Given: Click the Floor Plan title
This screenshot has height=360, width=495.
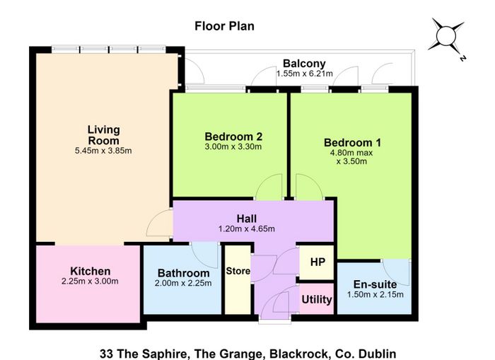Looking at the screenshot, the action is click(x=224, y=26).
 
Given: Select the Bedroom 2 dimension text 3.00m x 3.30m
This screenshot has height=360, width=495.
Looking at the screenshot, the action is click(x=233, y=146).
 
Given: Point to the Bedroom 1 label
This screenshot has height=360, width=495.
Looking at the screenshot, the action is click(x=352, y=142).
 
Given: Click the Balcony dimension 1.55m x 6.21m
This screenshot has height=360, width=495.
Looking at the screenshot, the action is click(x=305, y=74).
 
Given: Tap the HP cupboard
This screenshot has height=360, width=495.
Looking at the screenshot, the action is click(x=317, y=262).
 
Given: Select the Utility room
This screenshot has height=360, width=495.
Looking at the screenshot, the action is click(x=316, y=298).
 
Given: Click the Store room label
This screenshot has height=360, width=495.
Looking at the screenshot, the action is click(x=238, y=271).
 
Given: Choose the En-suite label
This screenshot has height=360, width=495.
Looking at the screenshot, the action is click(x=375, y=284).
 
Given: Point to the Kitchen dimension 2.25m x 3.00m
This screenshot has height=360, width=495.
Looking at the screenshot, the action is click(x=90, y=281).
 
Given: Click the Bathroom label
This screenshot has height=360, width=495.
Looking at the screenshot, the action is click(x=183, y=273).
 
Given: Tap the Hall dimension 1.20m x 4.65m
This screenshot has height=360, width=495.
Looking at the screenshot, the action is click(x=247, y=228).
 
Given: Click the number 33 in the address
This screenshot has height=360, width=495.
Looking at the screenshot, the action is click(x=106, y=354).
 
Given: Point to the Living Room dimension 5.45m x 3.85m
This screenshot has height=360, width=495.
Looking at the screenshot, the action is click(x=103, y=151).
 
